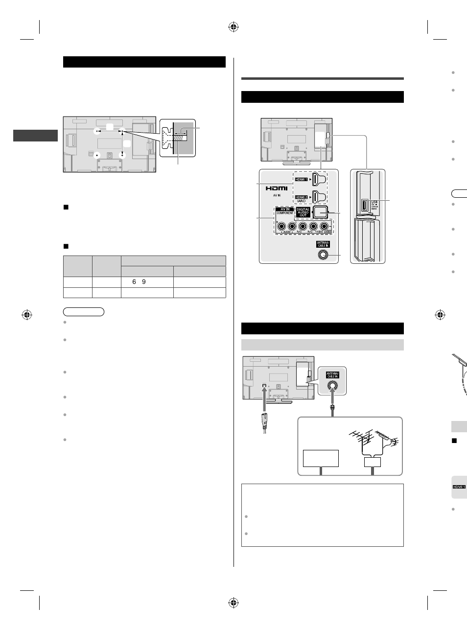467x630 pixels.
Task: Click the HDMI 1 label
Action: click(301, 180)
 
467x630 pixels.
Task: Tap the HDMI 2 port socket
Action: click(320, 197)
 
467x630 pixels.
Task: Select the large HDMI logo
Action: click(277, 187)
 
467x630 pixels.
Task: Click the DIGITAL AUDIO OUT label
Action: click(303, 212)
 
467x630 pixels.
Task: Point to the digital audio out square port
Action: click(321, 211)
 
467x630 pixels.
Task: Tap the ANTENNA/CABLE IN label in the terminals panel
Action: click(323, 244)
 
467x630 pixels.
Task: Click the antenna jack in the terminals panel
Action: click(323, 255)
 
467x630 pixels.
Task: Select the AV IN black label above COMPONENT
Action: click(285, 209)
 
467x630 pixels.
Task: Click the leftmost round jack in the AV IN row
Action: click(281, 226)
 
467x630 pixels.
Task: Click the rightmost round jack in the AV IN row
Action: click(324, 226)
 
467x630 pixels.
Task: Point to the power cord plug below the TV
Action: click(264, 421)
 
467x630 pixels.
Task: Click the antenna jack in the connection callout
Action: click(332, 385)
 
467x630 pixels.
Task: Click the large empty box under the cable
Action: click(321, 458)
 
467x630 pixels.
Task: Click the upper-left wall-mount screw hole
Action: click(97, 131)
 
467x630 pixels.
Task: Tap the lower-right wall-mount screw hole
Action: click(122, 155)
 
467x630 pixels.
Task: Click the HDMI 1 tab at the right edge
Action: click(459, 487)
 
